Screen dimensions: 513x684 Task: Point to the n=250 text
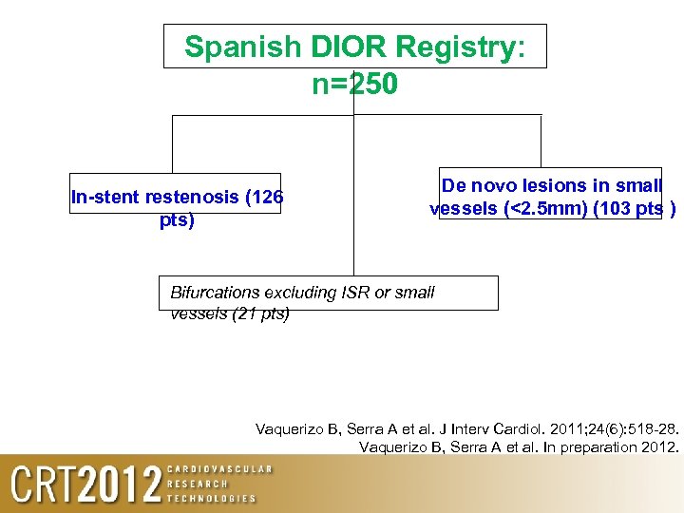click(x=354, y=85)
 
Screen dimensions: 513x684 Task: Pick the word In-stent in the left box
click(x=107, y=199)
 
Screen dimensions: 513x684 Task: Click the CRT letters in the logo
click(x=44, y=484)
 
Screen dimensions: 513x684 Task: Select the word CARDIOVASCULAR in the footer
click(x=219, y=468)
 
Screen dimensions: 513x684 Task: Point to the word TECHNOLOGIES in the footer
click(x=211, y=498)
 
